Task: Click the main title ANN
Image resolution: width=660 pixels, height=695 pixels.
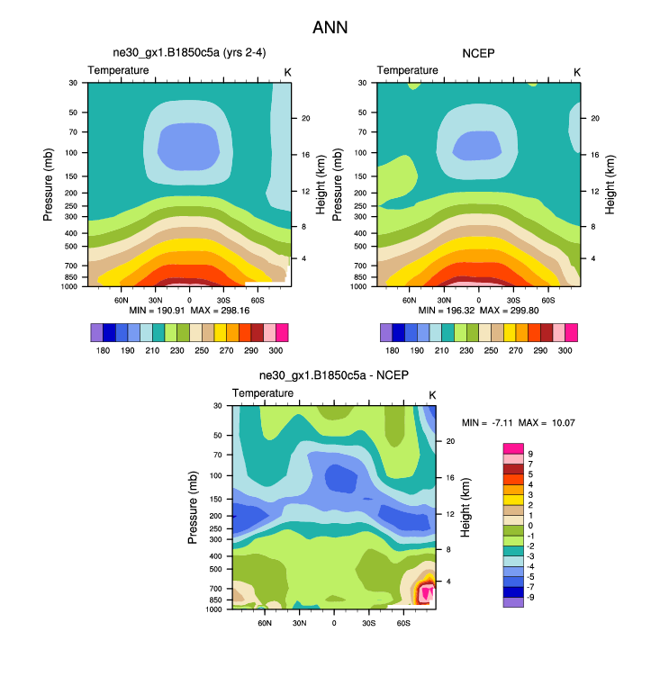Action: (330, 28)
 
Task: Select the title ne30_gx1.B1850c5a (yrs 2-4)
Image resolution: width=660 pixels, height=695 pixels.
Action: (188, 54)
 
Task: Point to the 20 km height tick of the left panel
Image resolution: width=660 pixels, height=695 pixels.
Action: (305, 118)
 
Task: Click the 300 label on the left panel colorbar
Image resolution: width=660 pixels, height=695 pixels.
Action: (276, 348)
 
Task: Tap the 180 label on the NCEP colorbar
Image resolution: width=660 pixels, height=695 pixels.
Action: (393, 348)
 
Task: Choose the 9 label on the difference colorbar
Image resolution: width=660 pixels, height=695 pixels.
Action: (530, 454)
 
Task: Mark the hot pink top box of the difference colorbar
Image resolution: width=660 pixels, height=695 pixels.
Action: (512, 447)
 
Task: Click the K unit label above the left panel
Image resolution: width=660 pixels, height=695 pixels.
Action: (287, 71)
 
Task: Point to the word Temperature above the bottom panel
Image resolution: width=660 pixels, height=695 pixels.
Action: (263, 393)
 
